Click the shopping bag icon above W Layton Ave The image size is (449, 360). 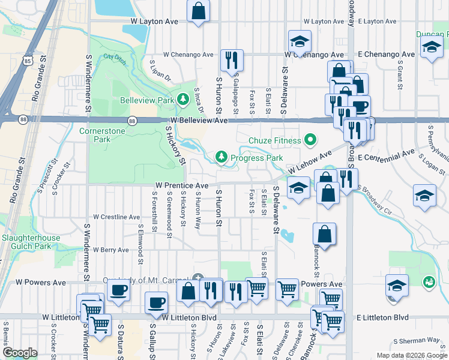point(198,11)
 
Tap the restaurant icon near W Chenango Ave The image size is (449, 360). point(232,59)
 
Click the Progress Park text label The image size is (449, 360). point(257,158)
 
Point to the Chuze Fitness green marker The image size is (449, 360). point(310,140)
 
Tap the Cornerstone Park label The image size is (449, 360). point(94,134)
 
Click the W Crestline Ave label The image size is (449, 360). point(116,217)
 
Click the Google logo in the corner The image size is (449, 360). point(20,353)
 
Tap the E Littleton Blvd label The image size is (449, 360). point(382,317)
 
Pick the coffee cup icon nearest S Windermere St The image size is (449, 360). point(118,290)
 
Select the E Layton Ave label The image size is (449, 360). point(376,21)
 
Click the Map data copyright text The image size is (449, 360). point(412,355)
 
